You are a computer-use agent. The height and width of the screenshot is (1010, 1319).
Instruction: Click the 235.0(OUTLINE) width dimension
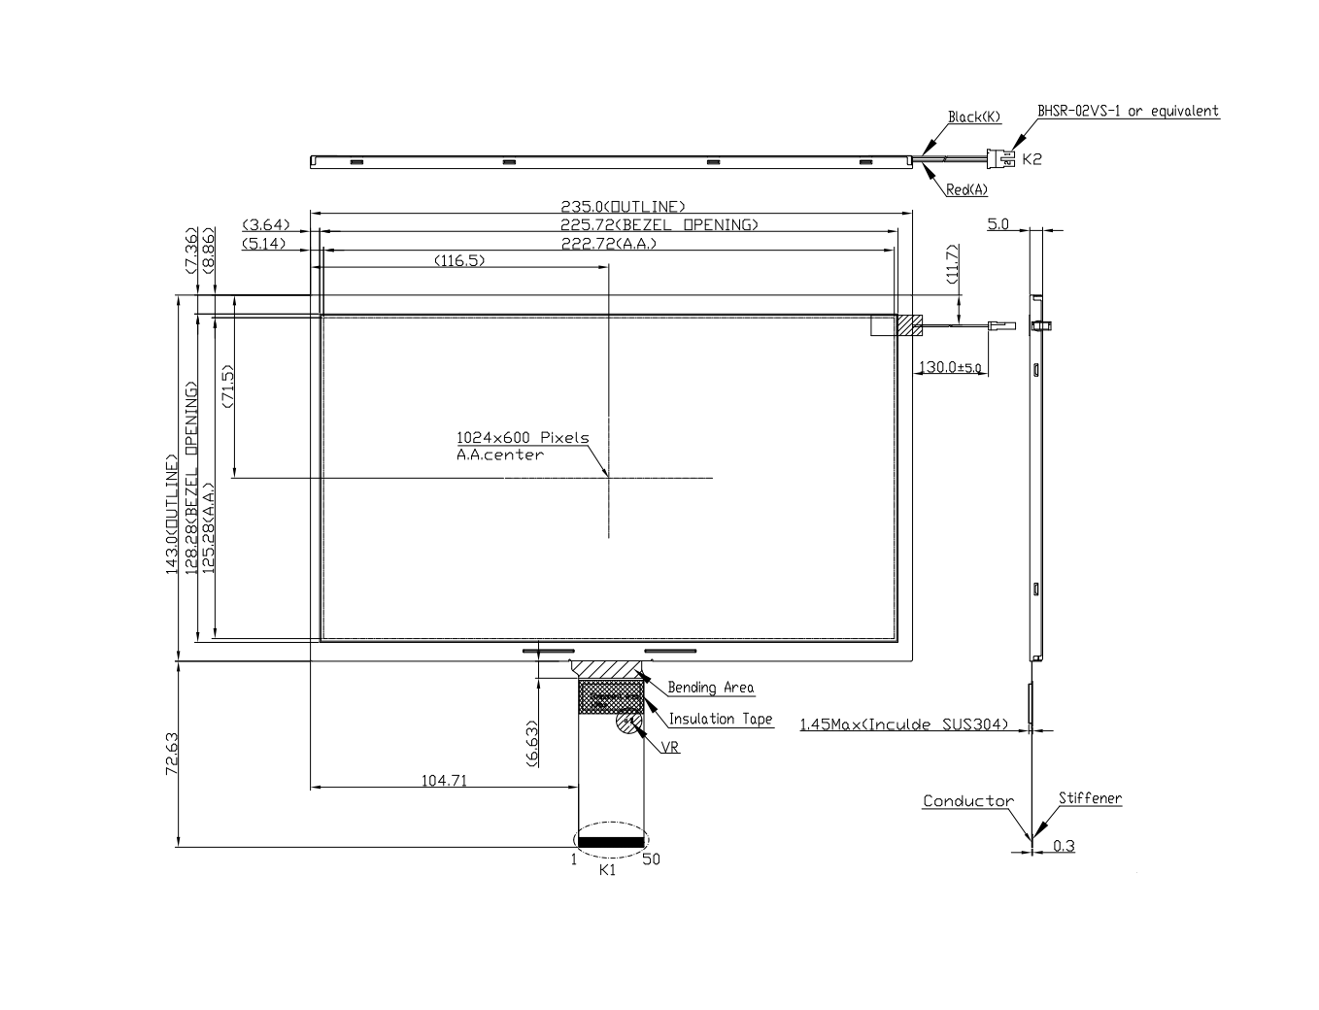tap(623, 206)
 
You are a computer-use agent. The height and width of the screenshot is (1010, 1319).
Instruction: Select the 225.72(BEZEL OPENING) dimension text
tap(659, 224)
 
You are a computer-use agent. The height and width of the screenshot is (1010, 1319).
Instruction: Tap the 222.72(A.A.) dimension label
tap(609, 243)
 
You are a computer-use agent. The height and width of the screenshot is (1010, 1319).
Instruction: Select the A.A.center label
tap(500, 454)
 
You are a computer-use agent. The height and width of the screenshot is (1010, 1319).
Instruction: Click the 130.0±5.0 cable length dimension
tap(951, 367)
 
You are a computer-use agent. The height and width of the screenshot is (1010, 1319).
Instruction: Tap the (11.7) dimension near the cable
tap(952, 264)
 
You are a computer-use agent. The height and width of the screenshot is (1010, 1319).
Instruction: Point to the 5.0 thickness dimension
tap(998, 224)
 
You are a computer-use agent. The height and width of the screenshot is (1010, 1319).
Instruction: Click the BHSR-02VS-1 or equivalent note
tap(1128, 111)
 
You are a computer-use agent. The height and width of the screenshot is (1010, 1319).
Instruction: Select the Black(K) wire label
tap(974, 118)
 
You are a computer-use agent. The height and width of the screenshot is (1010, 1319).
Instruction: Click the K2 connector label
tap(1032, 158)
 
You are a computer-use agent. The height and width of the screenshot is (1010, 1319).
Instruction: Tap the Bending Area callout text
tap(710, 688)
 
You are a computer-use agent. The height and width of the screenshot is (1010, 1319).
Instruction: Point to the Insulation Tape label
tap(721, 719)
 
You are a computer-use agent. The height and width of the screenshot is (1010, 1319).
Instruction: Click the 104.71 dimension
tap(444, 779)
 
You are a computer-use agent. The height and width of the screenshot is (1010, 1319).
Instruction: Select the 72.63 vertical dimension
tap(171, 754)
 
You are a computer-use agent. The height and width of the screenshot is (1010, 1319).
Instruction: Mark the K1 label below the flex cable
tap(608, 870)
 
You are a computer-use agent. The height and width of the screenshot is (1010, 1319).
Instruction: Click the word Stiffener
tap(1090, 798)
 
